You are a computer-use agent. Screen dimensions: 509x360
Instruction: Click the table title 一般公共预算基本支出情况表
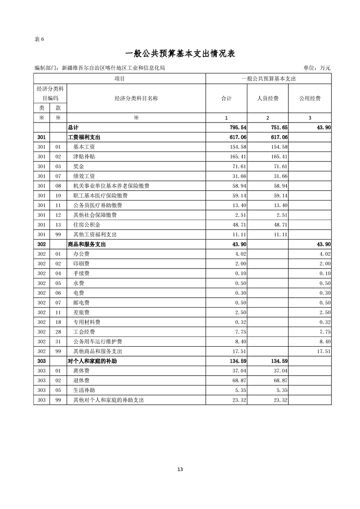pyautogui.click(x=180, y=54)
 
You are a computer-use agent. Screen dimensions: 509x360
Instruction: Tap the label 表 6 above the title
pyautogui.click(x=39, y=39)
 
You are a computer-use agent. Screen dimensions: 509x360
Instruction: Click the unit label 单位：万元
pyautogui.click(x=316, y=68)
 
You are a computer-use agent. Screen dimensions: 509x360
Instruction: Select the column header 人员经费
pyautogui.click(x=268, y=98)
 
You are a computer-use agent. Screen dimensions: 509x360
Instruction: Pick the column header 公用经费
pyautogui.click(x=310, y=98)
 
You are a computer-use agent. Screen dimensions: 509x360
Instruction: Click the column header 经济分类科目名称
pyautogui.click(x=136, y=98)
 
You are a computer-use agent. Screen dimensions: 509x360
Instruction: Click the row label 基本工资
pyautogui.click(x=84, y=147)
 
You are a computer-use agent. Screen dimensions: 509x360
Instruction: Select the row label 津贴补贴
pyautogui.click(x=84, y=157)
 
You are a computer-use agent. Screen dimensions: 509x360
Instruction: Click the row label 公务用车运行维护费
pyautogui.click(x=98, y=342)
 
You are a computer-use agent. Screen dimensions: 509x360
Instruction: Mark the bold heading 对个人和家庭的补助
pyautogui.click(x=93, y=362)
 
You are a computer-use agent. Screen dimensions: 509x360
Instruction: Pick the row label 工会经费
pyautogui.click(x=84, y=332)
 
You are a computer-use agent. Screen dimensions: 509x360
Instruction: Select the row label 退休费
pyautogui.click(x=81, y=381)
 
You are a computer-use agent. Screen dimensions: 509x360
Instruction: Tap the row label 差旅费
pyautogui.click(x=81, y=313)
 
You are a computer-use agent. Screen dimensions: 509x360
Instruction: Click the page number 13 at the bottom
pyautogui.click(x=180, y=469)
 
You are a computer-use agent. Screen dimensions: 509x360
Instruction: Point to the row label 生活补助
pyautogui.click(x=84, y=390)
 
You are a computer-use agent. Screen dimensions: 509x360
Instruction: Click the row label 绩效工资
pyautogui.click(x=84, y=176)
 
